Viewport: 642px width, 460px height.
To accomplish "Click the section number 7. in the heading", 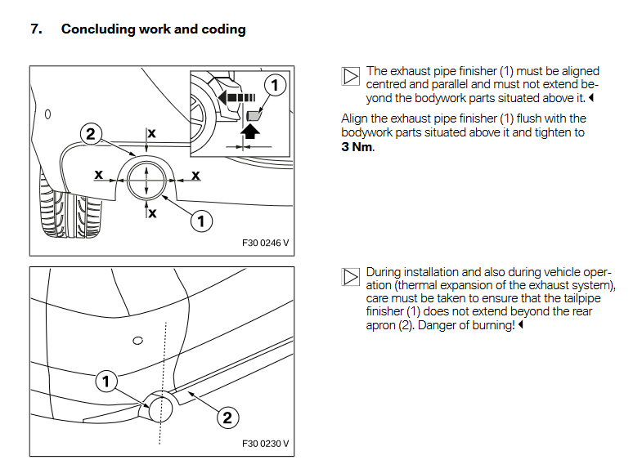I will click(35, 29).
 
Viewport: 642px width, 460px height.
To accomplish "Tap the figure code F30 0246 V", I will click(266, 243).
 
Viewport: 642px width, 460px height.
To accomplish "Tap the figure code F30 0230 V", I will click(266, 444).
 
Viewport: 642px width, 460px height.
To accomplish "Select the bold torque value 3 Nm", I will click(357, 148).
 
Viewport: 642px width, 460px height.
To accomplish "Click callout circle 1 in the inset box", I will click(276, 84).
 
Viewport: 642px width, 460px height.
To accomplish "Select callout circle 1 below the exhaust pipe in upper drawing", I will click(201, 220).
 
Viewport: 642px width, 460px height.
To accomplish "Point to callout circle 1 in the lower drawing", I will click(106, 380).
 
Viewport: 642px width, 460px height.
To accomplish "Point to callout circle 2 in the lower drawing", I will click(227, 418).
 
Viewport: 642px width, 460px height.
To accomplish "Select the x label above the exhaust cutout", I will click(151, 133).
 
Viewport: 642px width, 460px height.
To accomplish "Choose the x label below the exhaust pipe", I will click(152, 212).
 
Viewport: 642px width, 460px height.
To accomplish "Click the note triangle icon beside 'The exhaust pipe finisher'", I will click(350, 78).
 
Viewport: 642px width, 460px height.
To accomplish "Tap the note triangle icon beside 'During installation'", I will click(350, 277).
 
